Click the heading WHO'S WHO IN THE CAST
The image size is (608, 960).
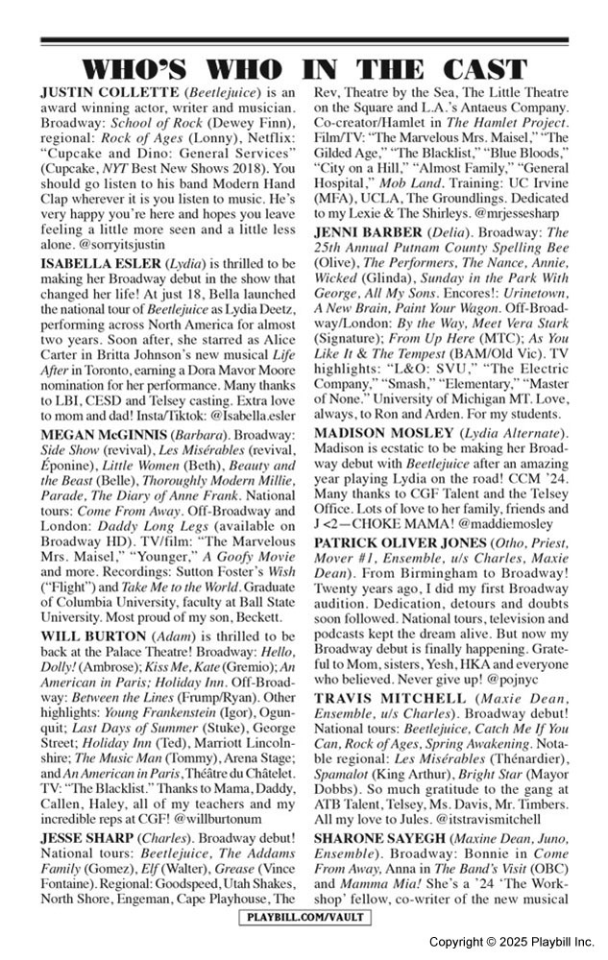304,69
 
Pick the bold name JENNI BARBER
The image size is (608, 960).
366,232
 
